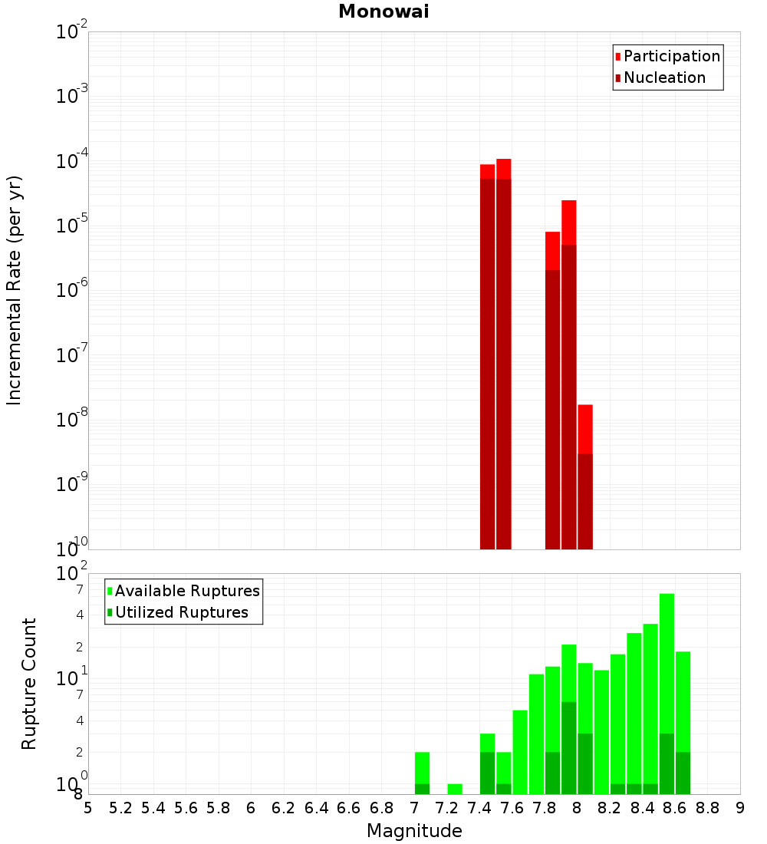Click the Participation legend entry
pos(672,56)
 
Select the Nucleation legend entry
pos(664,77)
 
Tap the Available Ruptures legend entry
pos(187,591)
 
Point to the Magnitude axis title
pos(414,831)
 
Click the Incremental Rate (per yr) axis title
pos(15,290)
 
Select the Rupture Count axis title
pos(29,684)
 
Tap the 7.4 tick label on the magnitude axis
pos(479,808)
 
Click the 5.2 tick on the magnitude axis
pos(120,808)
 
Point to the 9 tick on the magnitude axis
pos(740,808)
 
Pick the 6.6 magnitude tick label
pos(349,808)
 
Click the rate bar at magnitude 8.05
pos(585,476)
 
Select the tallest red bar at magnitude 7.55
pos(504,353)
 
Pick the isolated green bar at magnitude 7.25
pos(455,789)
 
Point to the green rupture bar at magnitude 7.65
pos(520,752)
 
